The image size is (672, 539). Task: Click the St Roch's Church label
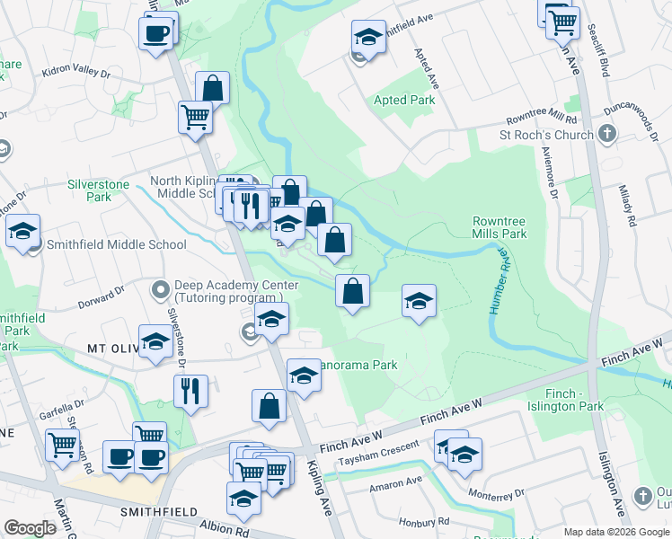click(x=546, y=135)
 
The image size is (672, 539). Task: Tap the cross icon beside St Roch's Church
click(x=607, y=134)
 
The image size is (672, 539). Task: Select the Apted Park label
click(x=404, y=100)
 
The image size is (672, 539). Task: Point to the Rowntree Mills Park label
click(x=500, y=227)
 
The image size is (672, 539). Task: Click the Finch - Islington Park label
click(x=575, y=400)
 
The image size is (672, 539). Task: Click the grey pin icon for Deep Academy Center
click(x=161, y=288)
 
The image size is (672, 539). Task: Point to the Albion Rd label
click(x=225, y=530)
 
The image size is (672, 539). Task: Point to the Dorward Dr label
click(x=100, y=298)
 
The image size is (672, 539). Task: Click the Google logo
click(x=30, y=528)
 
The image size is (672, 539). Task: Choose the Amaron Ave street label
click(x=395, y=482)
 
